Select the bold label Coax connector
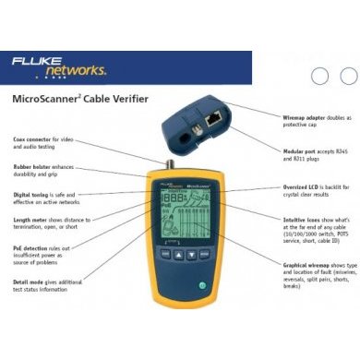pos(32,139)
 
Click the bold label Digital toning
pos(32,194)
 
